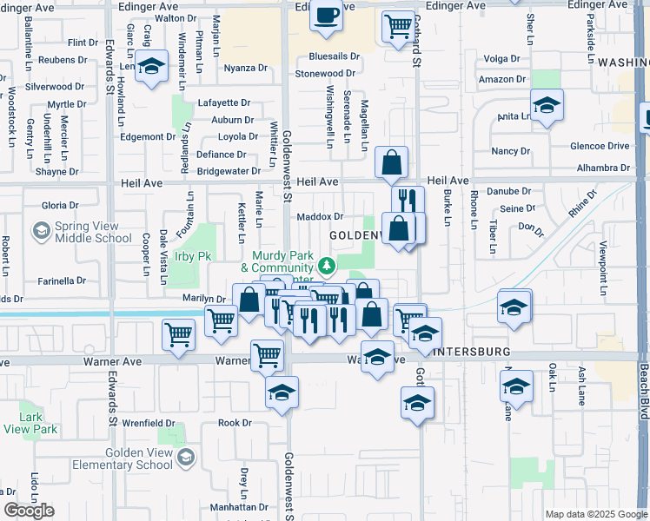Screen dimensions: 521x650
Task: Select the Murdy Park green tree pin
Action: click(x=326, y=264)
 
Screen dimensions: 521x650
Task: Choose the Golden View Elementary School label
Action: click(x=139, y=458)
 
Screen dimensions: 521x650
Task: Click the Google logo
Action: click(x=28, y=511)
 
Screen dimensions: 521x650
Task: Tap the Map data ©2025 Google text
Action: click(x=595, y=514)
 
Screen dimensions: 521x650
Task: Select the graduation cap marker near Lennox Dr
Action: click(x=152, y=67)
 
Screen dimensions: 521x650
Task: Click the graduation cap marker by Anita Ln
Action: click(x=547, y=105)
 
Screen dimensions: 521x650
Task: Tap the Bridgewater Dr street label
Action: click(x=229, y=172)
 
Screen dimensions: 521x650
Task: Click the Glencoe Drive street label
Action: click(x=599, y=146)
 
